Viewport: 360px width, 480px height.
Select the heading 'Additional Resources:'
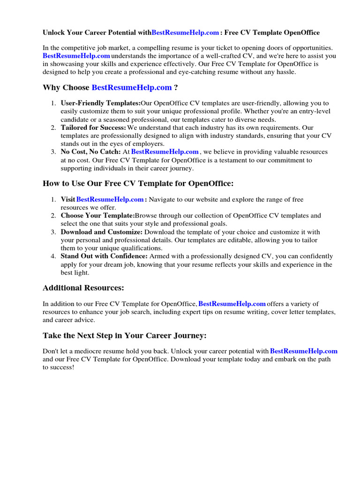point(83,287)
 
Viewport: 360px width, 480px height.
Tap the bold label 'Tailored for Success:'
point(93,127)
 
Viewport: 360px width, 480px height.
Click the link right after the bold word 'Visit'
point(110,199)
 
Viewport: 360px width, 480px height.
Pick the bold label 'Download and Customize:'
point(101,232)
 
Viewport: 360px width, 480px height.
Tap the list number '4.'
point(54,256)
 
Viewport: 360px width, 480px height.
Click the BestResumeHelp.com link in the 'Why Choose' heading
point(132,88)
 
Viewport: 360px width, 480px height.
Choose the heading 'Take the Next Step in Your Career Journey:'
point(124,336)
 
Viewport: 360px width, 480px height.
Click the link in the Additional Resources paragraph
point(232,304)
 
